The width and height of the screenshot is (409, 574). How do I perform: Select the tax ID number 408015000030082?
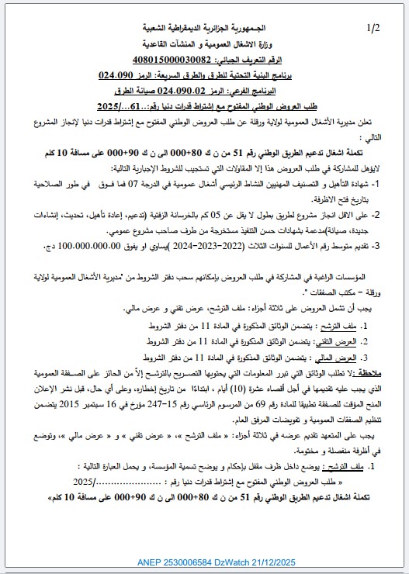[172, 60]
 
